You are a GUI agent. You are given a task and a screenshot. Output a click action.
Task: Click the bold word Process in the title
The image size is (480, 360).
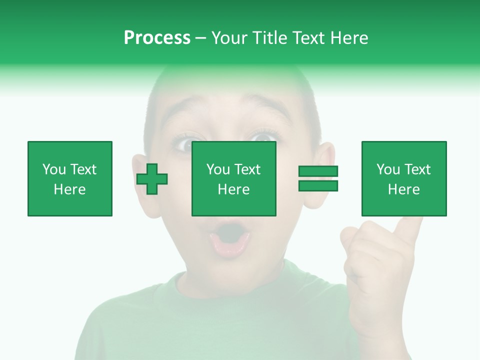point(157,38)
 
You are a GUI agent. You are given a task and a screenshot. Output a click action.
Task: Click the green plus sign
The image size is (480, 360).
point(152,179)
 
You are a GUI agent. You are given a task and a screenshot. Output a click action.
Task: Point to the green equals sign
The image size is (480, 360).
point(318,178)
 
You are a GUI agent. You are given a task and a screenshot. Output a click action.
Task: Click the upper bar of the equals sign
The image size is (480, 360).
point(318,171)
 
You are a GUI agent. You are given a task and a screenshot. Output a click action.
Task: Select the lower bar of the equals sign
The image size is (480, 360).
point(318,185)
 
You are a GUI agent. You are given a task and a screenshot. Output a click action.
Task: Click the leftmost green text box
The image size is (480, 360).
point(70,178)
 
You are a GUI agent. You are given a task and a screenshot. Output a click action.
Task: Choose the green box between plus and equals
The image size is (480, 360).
point(234,178)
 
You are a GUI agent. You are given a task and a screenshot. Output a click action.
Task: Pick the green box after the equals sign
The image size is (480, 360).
point(404,178)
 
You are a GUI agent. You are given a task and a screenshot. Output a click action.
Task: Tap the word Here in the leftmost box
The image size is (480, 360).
point(69,189)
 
